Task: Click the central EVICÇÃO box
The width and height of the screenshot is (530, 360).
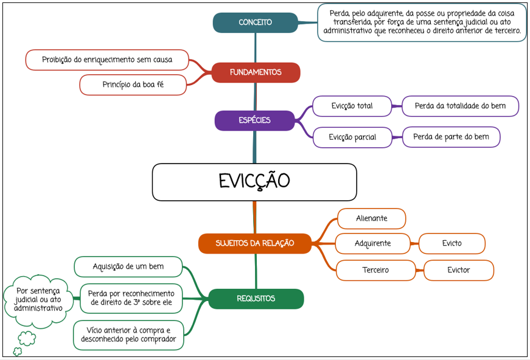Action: click(254, 182)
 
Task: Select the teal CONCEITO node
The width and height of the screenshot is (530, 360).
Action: click(255, 22)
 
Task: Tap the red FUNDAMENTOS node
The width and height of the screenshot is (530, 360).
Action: click(256, 72)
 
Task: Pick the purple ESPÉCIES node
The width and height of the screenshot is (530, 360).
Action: click(254, 120)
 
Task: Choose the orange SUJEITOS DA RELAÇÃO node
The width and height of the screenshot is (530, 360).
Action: click(254, 243)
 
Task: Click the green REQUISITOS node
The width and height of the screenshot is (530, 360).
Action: click(256, 299)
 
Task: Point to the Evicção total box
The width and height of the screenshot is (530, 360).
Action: click(352, 106)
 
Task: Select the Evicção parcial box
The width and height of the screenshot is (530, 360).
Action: click(352, 137)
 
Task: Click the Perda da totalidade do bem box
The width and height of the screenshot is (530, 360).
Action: click(460, 106)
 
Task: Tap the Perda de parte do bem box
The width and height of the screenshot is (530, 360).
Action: click(451, 137)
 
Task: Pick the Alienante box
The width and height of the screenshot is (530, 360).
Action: click(371, 218)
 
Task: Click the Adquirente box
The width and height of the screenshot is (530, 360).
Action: click(372, 243)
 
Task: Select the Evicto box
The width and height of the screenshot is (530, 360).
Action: click(452, 243)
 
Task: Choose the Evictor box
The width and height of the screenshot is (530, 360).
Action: click(459, 270)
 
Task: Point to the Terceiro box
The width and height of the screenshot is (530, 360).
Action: click(375, 270)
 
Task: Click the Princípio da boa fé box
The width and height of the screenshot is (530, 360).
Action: click(133, 85)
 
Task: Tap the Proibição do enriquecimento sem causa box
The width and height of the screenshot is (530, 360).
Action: click(107, 60)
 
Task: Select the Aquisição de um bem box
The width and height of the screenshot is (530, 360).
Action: click(128, 267)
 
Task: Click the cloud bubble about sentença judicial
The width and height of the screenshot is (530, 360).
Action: click(38, 300)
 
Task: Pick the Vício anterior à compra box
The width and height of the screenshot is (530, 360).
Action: click(128, 335)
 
